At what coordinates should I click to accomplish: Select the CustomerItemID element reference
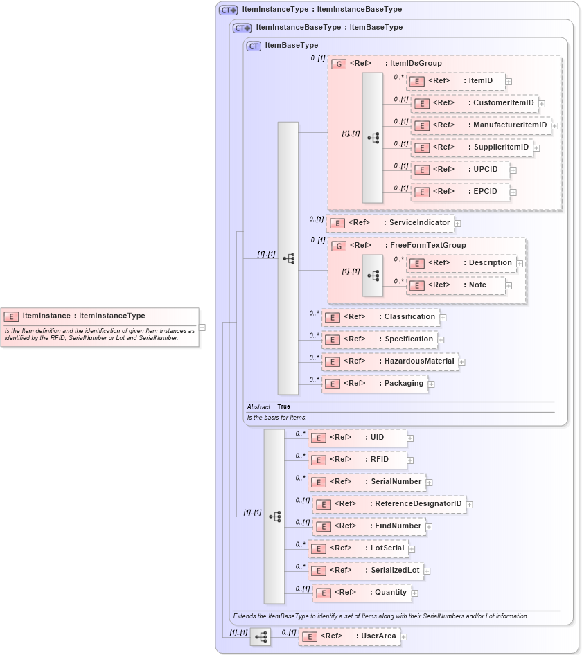coord(475,103)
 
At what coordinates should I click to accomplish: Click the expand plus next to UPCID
coord(514,170)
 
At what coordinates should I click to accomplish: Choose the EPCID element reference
coord(460,192)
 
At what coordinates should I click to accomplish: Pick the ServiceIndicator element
coord(390,223)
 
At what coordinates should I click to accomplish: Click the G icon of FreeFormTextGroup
coord(339,246)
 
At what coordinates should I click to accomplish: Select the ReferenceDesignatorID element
coord(388,504)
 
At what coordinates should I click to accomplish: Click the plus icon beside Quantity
coord(415,593)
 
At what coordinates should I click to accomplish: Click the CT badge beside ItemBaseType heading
coord(254,46)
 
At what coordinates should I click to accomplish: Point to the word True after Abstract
coord(283,407)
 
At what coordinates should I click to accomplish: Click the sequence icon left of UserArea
coord(261,637)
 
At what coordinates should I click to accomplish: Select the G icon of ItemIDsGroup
coord(339,64)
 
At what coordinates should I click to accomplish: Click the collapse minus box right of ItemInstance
coord(202,327)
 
